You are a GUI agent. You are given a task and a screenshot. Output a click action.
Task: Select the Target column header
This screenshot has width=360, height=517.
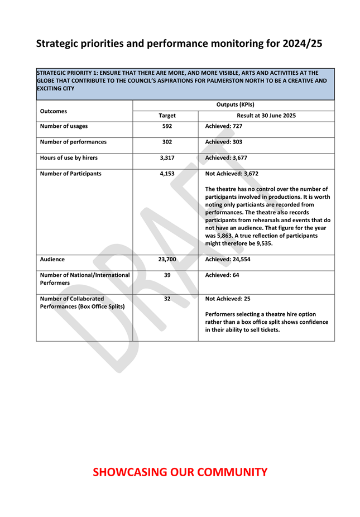click(167, 116)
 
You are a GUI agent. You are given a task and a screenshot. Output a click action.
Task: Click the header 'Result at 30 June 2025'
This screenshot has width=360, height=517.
click(266, 116)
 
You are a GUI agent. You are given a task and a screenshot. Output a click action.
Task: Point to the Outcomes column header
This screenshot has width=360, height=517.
click(54, 111)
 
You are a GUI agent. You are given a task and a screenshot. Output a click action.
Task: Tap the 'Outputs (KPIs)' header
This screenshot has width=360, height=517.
click(235, 104)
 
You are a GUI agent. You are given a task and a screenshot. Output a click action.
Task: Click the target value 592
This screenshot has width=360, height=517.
click(167, 126)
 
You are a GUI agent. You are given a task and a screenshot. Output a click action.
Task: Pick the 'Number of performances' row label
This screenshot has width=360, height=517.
click(73, 142)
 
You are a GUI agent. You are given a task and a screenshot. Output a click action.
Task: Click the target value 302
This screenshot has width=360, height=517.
click(167, 142)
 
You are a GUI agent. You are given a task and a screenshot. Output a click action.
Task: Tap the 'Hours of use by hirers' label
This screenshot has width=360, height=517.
click(69, 158)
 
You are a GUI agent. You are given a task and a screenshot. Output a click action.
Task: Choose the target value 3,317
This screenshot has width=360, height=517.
click(167, 158)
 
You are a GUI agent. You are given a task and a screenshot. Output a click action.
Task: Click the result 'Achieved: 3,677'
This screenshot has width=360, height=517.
click(226, 158)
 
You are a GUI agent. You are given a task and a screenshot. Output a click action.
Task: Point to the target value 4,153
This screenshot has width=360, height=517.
click(167, 174)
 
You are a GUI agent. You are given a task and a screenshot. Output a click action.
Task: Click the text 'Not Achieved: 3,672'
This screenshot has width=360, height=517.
click(232, 174)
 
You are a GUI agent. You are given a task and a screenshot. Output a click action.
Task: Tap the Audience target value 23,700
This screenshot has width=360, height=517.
click(167, 259)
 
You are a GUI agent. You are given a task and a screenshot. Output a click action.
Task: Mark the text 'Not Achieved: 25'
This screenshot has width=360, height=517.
click(228, 299)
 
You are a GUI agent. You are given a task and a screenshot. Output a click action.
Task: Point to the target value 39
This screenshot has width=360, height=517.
click(167, 275)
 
